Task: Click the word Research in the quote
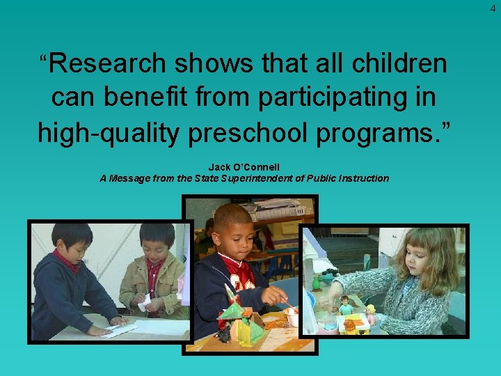[x=109, y=64]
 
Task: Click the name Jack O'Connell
[x=244, y=168]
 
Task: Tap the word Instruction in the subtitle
[x=365, y=178]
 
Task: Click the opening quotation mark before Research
[x=44, y=59]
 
